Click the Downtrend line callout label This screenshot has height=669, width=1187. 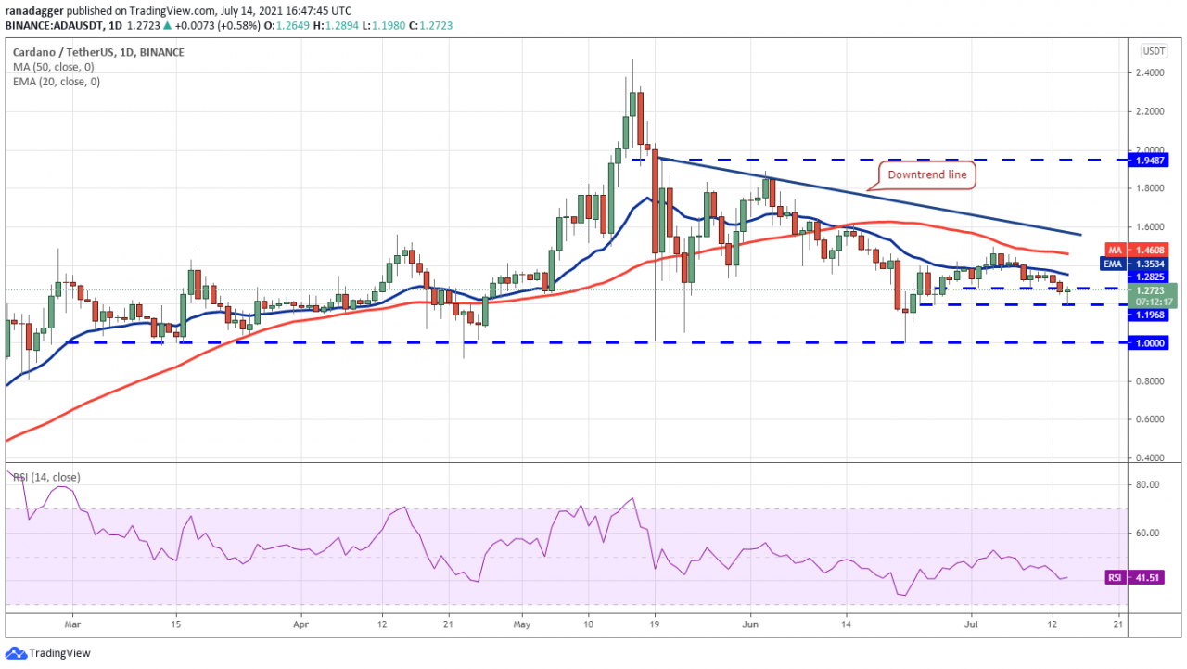point(926,174)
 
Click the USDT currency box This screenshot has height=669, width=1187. point(1154,51)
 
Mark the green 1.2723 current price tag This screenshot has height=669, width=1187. point(1153,294)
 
